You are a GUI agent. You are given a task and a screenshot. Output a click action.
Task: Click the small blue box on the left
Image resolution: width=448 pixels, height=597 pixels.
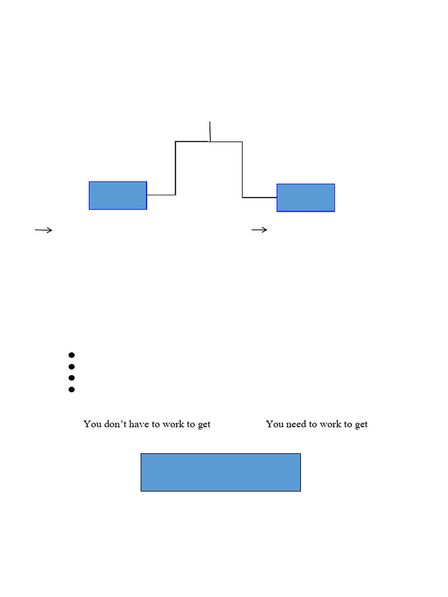coord(118,195)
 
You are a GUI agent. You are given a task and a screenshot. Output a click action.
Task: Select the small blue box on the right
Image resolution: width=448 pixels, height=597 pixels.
coord(306,198)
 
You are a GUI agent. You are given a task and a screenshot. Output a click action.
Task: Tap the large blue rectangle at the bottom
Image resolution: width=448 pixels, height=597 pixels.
coord(220,472)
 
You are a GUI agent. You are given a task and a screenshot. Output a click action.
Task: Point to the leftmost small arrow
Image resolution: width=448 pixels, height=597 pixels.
coord(44,230)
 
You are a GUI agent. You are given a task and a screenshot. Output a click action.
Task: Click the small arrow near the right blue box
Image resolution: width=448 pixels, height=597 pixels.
coord(260,230)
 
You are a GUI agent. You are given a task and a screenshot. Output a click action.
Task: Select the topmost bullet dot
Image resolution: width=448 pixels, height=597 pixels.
coord(72,354)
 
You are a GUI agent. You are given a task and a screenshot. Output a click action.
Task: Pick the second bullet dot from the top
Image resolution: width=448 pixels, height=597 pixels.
coord(72,366)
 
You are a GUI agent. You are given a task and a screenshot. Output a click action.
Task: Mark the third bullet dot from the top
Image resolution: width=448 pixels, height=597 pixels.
coord(72,378)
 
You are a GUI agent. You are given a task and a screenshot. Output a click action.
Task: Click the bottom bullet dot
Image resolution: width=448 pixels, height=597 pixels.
coord(72,389)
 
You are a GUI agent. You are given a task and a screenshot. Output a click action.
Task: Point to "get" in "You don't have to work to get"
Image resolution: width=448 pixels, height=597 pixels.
coord(204,424)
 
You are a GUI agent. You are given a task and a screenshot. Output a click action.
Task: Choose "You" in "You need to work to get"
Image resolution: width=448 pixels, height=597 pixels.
coord(275,424)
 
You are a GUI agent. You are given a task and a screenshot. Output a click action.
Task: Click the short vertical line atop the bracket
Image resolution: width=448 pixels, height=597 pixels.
coord(210,131)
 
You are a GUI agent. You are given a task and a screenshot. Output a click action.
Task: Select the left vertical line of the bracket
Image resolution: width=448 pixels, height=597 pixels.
coord(176,168)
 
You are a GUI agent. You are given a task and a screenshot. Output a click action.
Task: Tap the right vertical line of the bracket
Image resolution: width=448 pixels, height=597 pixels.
coord(242,169)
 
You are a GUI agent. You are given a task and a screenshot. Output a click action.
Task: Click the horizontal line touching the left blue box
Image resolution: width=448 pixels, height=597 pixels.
coord(161,195)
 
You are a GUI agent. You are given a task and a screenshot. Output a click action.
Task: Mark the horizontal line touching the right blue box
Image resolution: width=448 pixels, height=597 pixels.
coord(260,198)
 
